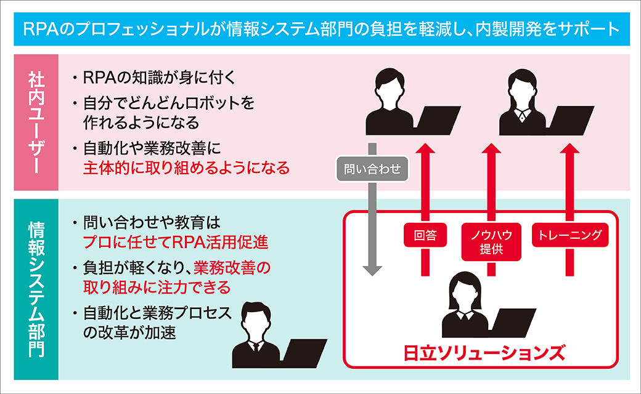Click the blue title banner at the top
(320, 29)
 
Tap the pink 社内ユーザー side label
(36, 123)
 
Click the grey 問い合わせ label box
(372, 168)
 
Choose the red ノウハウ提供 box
(492, 241)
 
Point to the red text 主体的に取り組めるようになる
(186, 167)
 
